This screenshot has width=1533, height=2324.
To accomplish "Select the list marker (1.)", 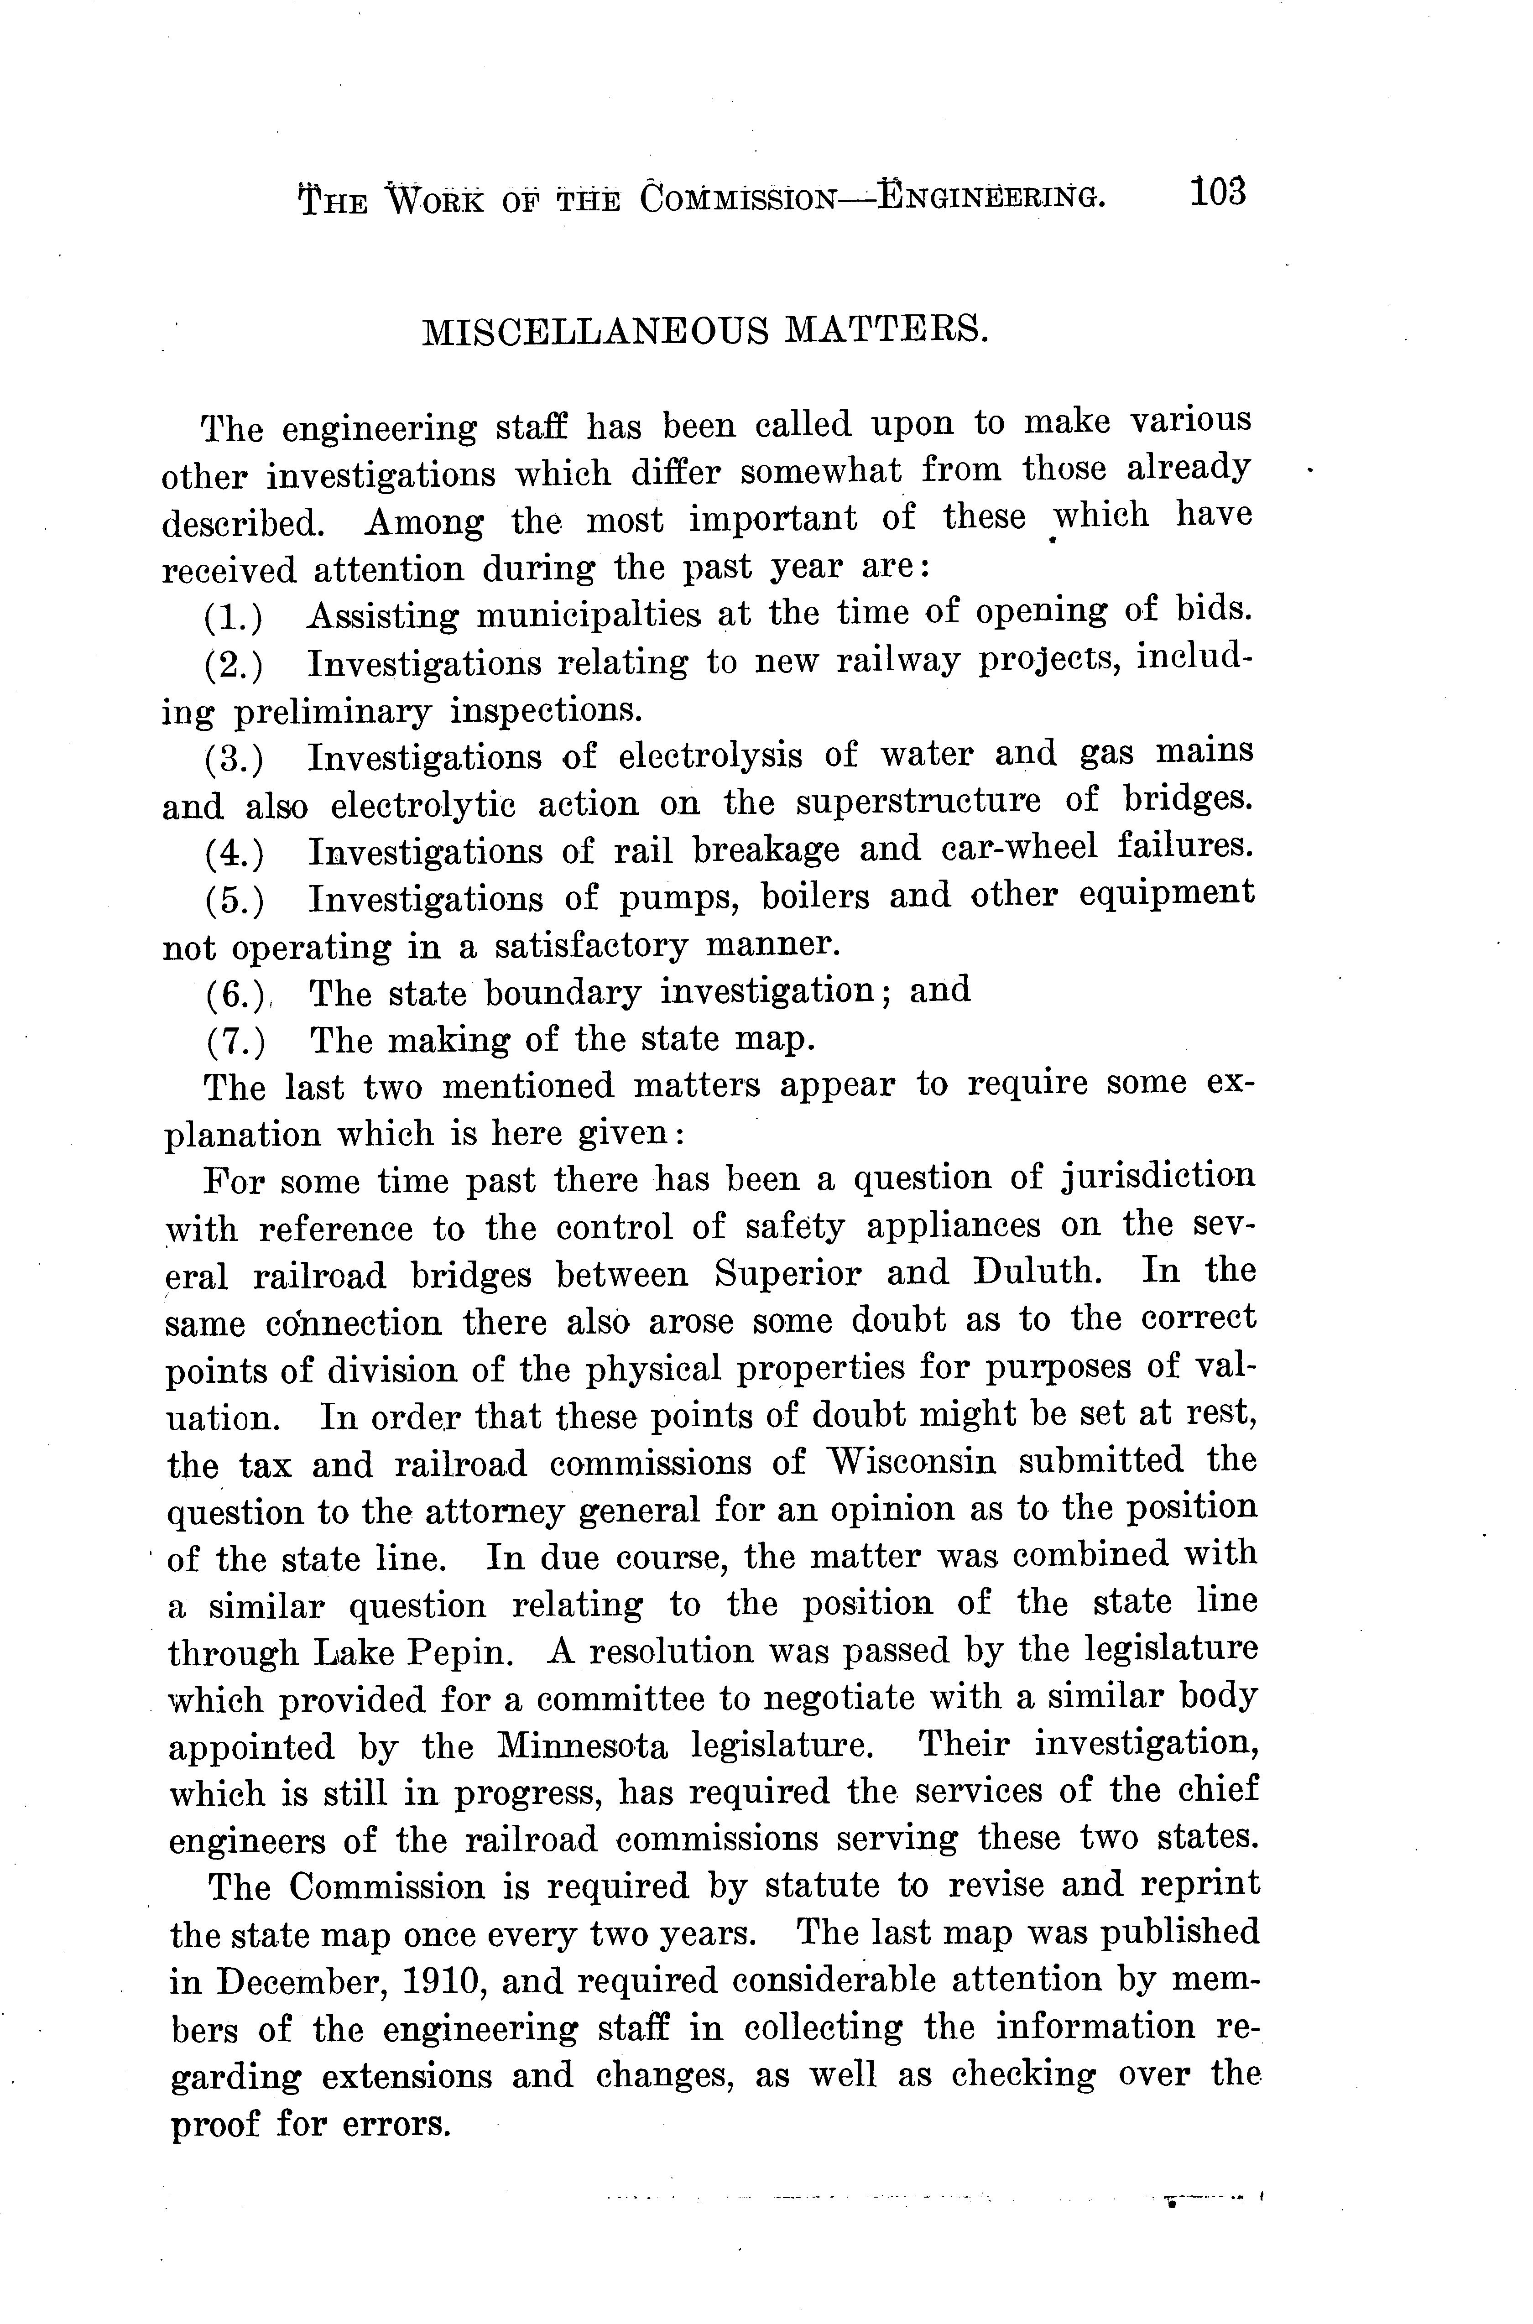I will [234, 617].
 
